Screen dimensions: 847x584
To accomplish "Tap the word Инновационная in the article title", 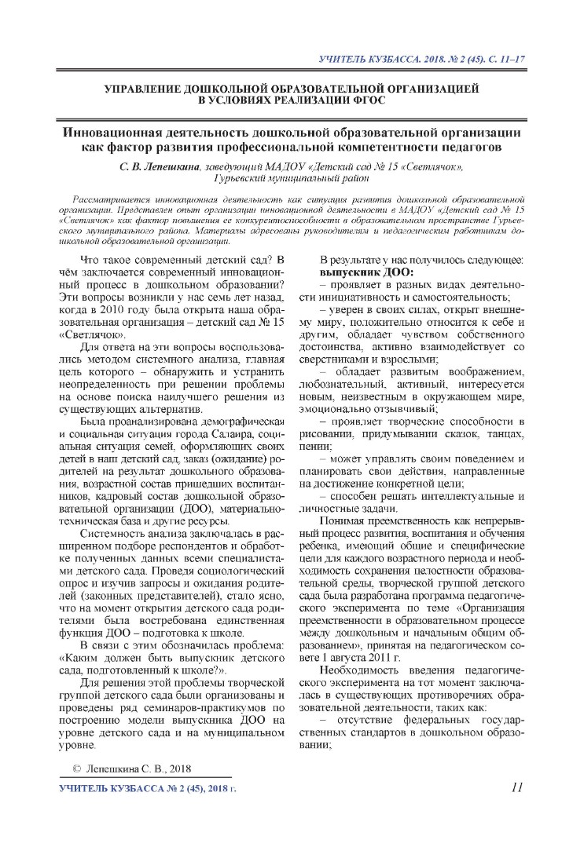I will point(118,132).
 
